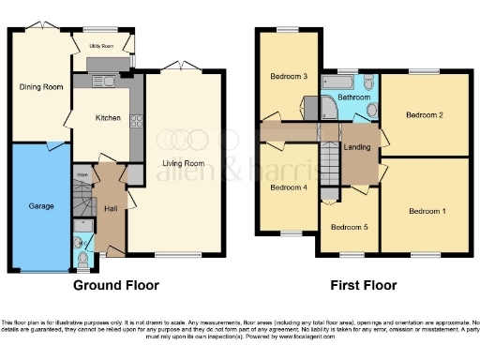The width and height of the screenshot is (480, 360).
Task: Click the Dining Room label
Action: [x=41, y=87]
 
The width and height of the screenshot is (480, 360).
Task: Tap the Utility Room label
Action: [x=101, y=45]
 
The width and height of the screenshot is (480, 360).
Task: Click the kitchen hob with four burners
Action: [x=136, y=120]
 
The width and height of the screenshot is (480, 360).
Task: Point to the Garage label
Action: [x=40, y=205]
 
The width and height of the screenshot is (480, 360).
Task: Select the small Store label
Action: [x=82, y=174]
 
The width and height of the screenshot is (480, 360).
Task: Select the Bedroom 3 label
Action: [x=289, y=76]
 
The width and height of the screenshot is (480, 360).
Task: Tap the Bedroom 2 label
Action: [x=424, y=115]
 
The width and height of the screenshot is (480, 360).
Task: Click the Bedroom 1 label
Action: [x=427, y=211]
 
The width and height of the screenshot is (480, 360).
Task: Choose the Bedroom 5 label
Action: [x=349, y=226]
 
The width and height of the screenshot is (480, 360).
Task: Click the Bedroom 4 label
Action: [x=288, y=187]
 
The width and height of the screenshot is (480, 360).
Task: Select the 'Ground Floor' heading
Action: [x=116, y=285]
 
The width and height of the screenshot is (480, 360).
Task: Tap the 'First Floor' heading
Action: [x=362, y=285]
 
